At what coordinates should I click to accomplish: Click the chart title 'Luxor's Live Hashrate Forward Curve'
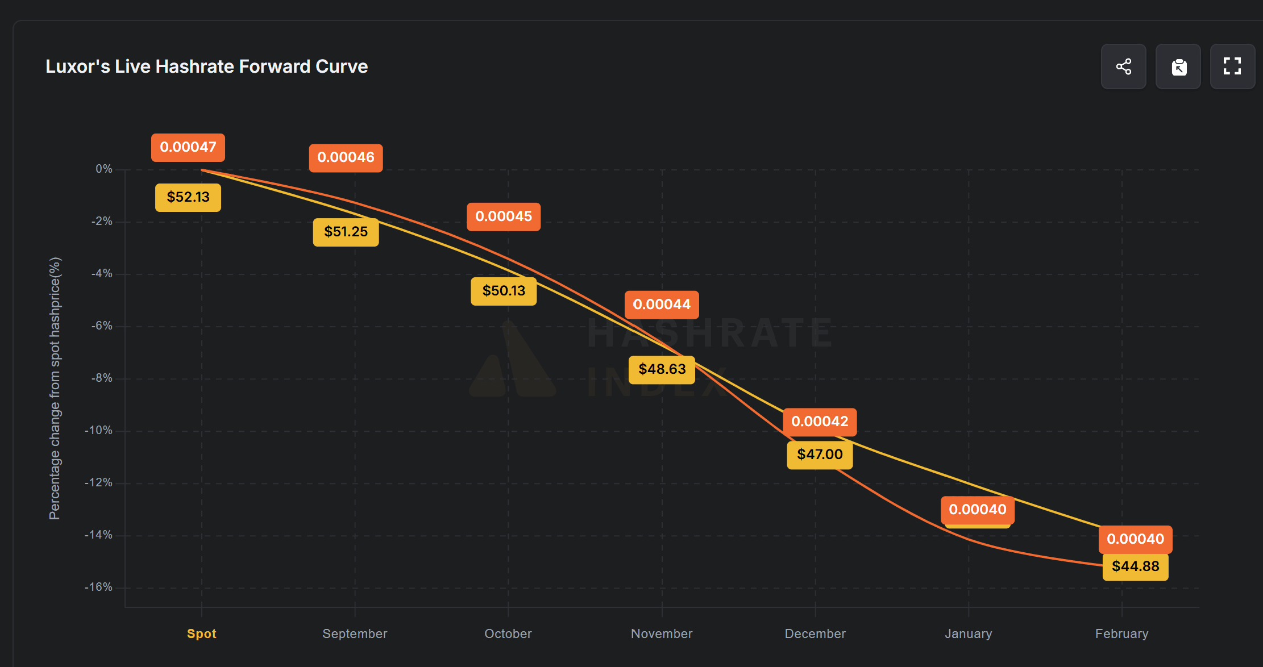click(206, 66)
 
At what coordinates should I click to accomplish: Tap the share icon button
click(1123, 66)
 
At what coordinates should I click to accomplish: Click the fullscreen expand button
click(1232, 66)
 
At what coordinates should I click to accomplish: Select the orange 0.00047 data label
click(188, 147)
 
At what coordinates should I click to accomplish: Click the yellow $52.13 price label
click(188, 197)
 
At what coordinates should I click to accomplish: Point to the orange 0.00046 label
click(346, 157)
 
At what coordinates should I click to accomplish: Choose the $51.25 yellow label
click(346, 232)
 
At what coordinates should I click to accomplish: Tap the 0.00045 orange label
click(504, 216)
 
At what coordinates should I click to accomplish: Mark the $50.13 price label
click(504, 291)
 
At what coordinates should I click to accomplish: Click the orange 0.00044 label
click(662, 305)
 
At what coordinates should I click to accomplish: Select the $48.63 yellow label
click(662, 369)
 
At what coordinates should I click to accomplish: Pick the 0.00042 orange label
click(820, 422)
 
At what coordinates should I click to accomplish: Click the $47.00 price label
click(820, 455)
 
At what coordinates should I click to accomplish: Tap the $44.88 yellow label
click(1135, 566)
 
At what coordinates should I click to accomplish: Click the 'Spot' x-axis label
click(202, 633)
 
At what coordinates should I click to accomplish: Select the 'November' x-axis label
click(662, 633)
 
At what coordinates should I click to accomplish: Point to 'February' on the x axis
click(1121, 633)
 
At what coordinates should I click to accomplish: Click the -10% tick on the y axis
click(99, 430)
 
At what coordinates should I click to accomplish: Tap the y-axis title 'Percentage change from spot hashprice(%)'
click(55, 389)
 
